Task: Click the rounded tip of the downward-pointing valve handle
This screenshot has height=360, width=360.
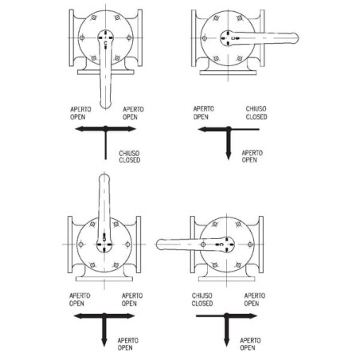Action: [x=105, y=107]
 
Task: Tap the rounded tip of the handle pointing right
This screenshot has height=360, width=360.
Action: [x=296, y=38]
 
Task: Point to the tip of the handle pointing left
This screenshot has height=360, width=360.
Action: [x=158, y=245]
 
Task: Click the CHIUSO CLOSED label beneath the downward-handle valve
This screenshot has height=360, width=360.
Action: [x=130, y=157]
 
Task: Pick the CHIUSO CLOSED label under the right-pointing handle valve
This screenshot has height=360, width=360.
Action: [x=256, y=113]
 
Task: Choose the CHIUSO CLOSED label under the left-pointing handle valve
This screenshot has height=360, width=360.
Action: [x=202, y=299]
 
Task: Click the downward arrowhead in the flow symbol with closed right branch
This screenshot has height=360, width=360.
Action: [x=228, y=156]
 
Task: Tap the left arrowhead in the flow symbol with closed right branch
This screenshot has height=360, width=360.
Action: [x=202, y=130]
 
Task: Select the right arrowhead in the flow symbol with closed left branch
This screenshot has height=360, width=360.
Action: [x=252, y=316]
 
